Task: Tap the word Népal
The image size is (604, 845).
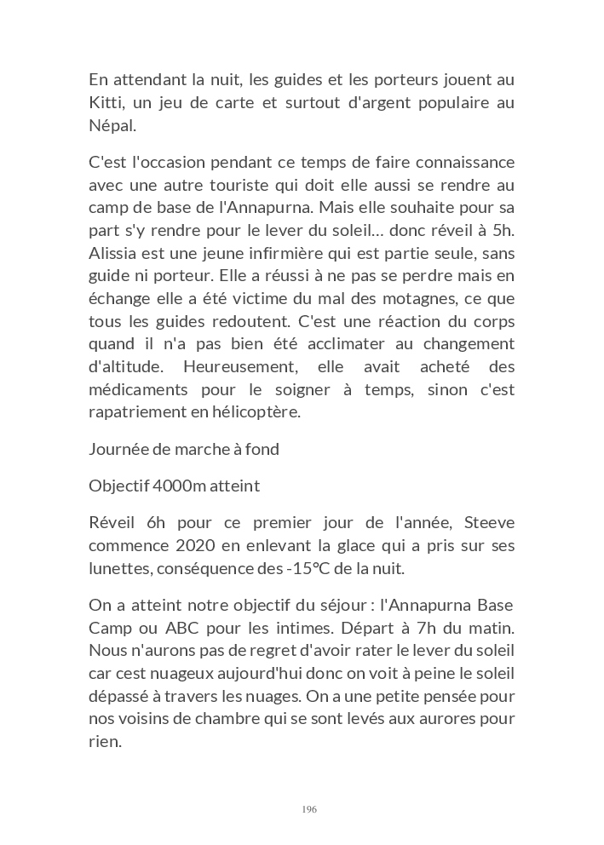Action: click(x=111, y=126)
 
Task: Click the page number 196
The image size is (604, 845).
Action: click(x=309, y=809)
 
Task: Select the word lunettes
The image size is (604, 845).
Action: click(x=117, y=568)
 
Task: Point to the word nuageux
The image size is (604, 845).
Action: click(x=190, y=673)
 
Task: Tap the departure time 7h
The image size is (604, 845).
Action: click(x=400, y=628)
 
